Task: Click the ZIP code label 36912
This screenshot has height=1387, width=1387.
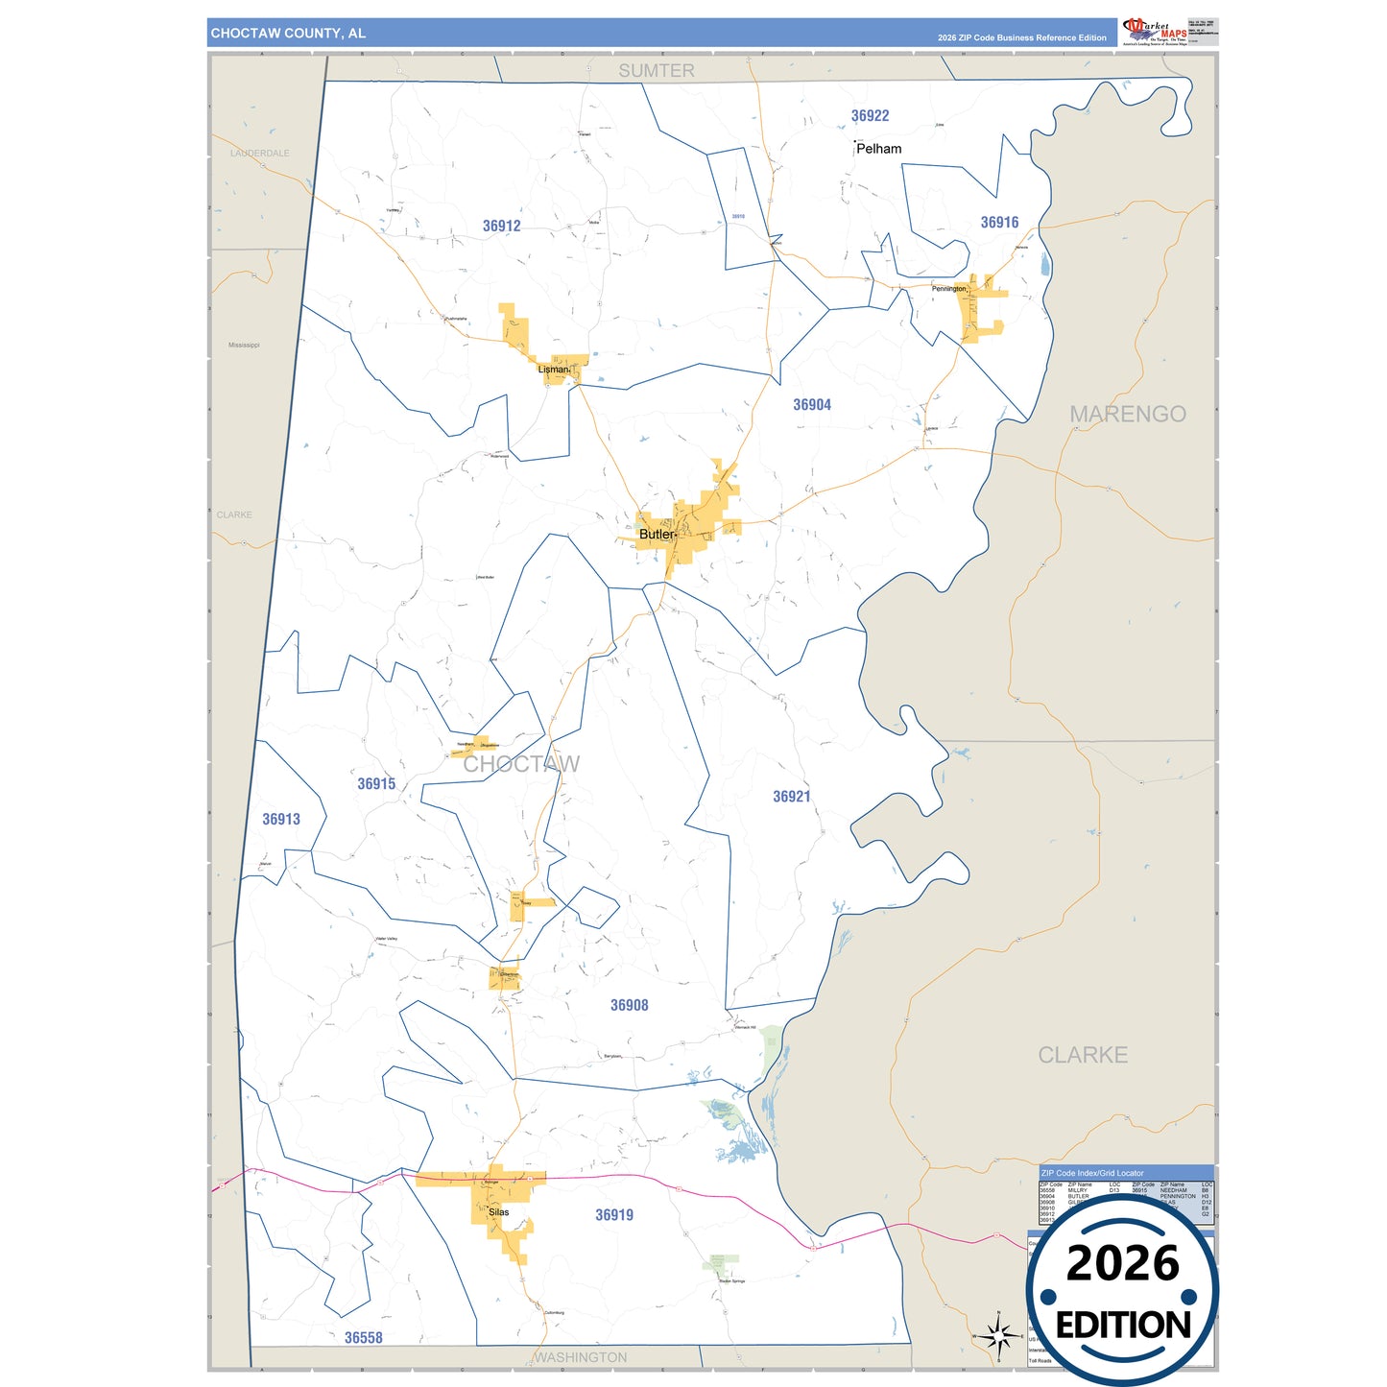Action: [x=501, y=227]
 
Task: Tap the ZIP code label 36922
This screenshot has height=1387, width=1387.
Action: [x=870, y=116]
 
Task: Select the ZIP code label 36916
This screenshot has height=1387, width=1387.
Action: [x=999, y=223]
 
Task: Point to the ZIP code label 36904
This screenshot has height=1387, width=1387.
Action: [x=811, y=405]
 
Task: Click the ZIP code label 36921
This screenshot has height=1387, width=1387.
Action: [x=791, y=797]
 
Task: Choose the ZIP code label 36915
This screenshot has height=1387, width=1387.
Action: [x=376, y=784]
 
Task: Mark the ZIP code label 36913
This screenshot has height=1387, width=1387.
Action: [x=281, y=820]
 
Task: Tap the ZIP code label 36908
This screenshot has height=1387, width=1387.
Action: [x=629, y=1006]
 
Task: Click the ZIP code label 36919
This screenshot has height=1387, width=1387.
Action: [x=613, y=1215]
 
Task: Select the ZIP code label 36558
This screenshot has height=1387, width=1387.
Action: [x=363, y=1338]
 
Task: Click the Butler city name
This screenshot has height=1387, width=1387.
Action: [x=657, y=535]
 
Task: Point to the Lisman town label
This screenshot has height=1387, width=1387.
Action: [x=553, y=370]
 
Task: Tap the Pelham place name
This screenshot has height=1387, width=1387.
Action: [x=878, y=149]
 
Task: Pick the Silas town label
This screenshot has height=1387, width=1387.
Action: [x=498, y=1212]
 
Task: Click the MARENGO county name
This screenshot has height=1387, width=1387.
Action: [x=1127, y=415]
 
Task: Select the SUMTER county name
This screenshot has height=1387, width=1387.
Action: [x=656, y=71]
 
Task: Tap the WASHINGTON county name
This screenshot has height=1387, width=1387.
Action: [x=580, y=1357]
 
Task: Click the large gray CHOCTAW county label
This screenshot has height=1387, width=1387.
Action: [x=521, y=764]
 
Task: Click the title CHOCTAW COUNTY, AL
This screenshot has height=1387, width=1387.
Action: [x=288, y=34]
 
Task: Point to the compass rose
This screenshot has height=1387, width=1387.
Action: [x=998, y=1335]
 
